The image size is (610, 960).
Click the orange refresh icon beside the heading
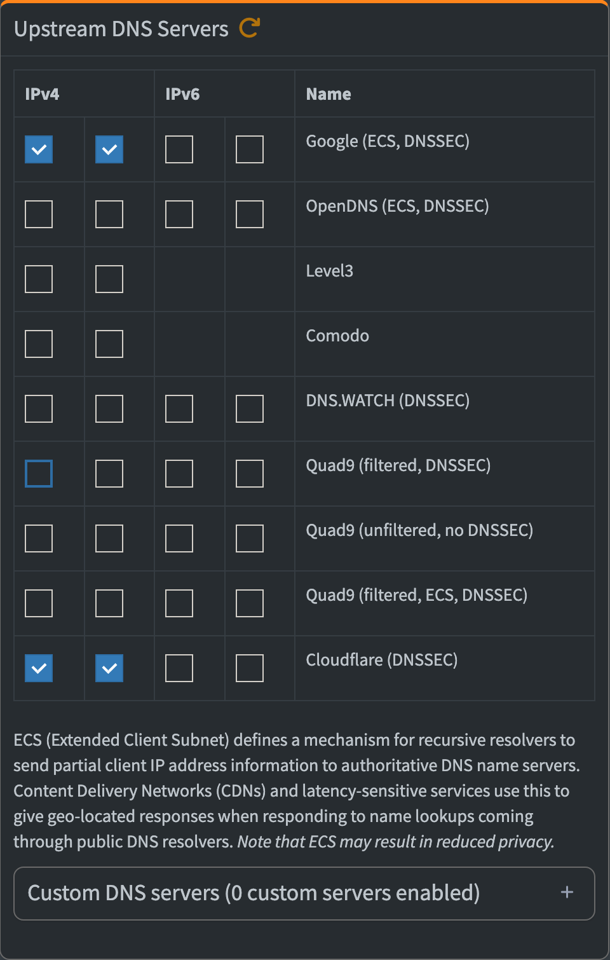(x=249, y=28)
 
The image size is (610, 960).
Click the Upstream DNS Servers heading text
(x=121, y=29)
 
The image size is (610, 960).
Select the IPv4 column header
(x=42, y=94)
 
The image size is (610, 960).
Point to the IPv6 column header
(x=182, y=94)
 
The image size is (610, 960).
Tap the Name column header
(x=329, y=94)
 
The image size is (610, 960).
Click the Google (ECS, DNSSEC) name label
(x=388, y=141)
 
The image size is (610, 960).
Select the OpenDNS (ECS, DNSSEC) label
(x=397, y=206)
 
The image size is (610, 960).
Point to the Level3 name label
(x=329, y=271)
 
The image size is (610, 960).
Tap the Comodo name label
(x=337, y=336)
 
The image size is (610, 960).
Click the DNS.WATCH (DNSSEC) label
(x=388, y=401)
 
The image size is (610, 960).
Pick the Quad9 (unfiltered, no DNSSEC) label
(x=419, y=530)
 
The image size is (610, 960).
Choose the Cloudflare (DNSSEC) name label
(x=382, y=660)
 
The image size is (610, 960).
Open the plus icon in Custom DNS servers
(x=567, y=893)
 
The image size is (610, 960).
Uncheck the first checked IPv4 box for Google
(x=39, y=149)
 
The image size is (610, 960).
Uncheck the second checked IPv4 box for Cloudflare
(x=109, y=668)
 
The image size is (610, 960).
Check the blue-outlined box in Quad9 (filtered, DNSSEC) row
(x=39, y=474)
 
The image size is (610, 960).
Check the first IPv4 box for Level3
(x=39, y=279)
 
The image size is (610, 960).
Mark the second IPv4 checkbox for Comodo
(x=109, y=344)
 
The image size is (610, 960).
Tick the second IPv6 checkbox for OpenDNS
(x=250, y=214)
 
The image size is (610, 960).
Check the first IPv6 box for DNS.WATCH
(x=179, y=409)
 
